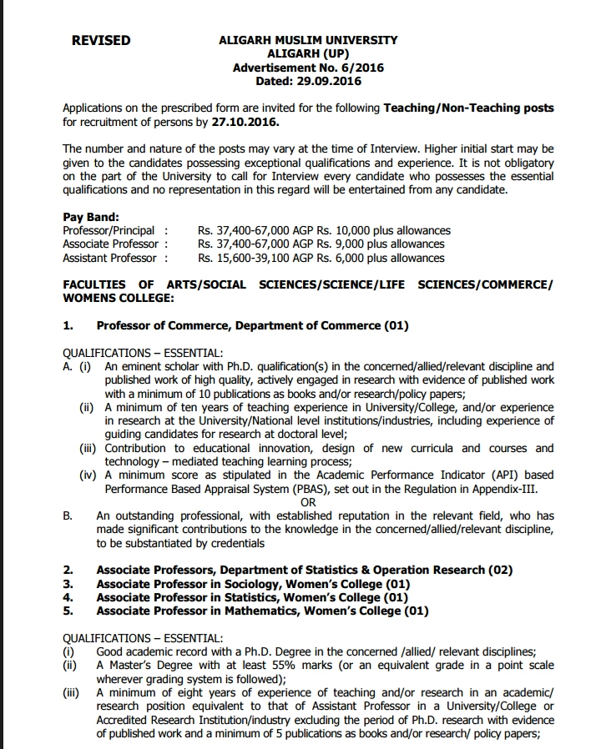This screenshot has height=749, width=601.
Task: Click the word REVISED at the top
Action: click(x=101, y=40)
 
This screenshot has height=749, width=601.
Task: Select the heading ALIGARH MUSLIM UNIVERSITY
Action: click(x=308, y=40)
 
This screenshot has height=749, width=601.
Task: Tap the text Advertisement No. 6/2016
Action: click(x=308, y=68)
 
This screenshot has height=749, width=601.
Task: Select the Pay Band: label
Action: click(x=91, y=217)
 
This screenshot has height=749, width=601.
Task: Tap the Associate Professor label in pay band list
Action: click(x=110, y=244)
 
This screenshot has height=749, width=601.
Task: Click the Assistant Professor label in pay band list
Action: click(x=109, y=258)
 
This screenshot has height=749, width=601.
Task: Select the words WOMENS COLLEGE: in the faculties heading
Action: click(x=119, y=298)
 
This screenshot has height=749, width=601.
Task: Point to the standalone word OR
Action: click(x=308, y=503)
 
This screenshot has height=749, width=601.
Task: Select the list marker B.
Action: click(x=68, y=516)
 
